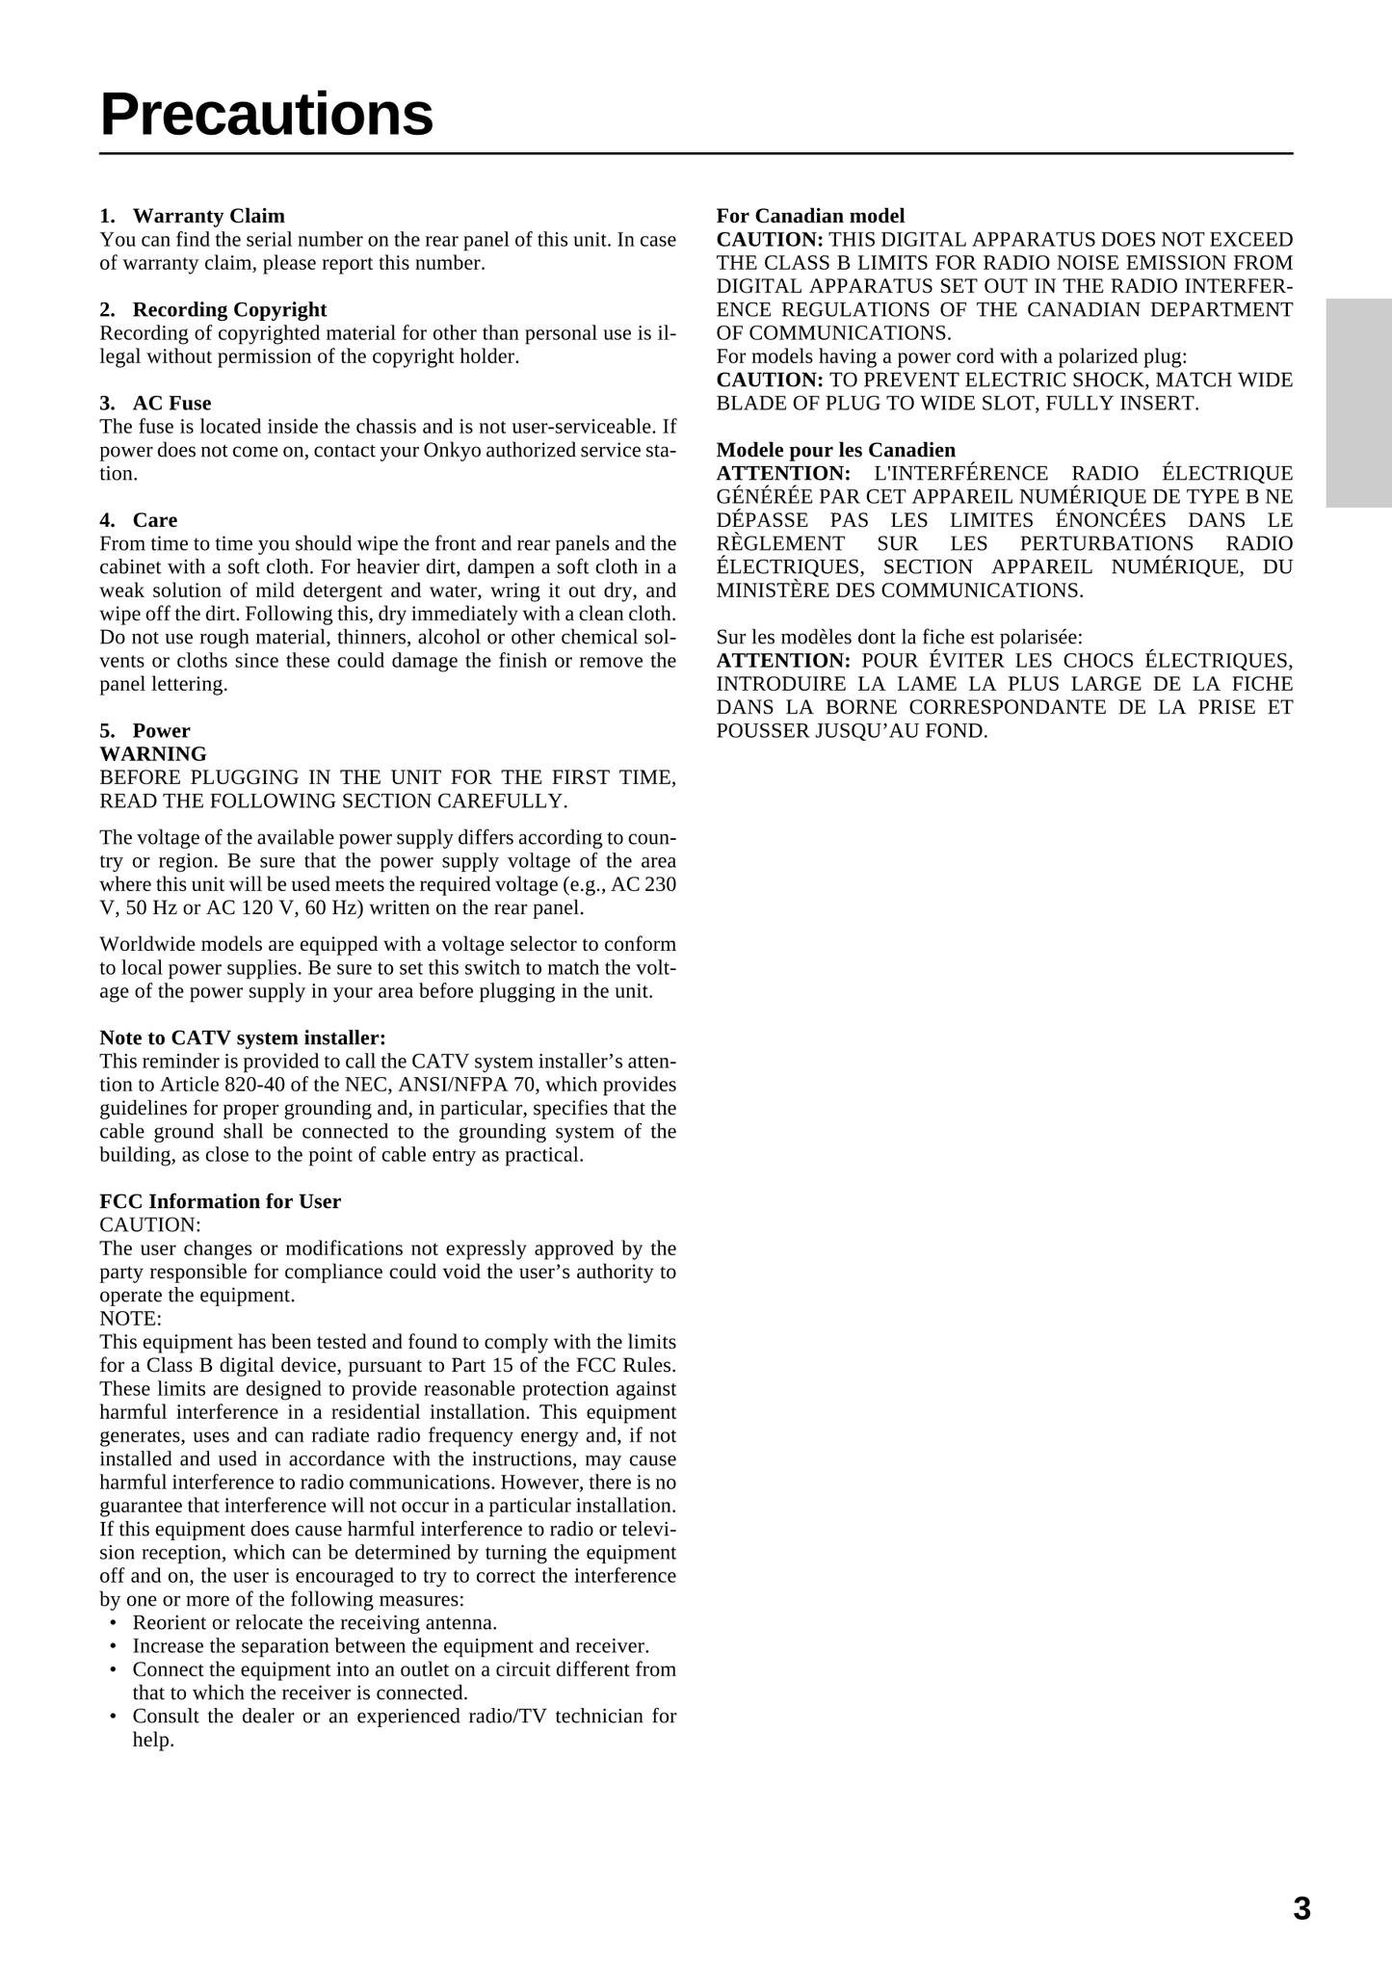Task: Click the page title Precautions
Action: [x=267, y=115]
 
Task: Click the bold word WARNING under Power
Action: [x=153, y=753]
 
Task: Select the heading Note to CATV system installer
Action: [x=243, y=1037]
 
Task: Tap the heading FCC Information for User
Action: [x=220, y=1201]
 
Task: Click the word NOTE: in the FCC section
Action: [x=131, y=1318]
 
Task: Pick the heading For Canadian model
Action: [x=810, y=216]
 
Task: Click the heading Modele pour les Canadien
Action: [x=835, y=450]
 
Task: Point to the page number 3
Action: [x=1301, y=1908]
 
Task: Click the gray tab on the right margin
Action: [x=1358, y=403]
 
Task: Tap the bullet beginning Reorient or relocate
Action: [x=314, y=1622]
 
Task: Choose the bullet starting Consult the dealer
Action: [x=404, y=1716]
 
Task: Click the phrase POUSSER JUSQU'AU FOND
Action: [x=852, y=730]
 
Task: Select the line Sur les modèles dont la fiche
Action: [x=899, y=637]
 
